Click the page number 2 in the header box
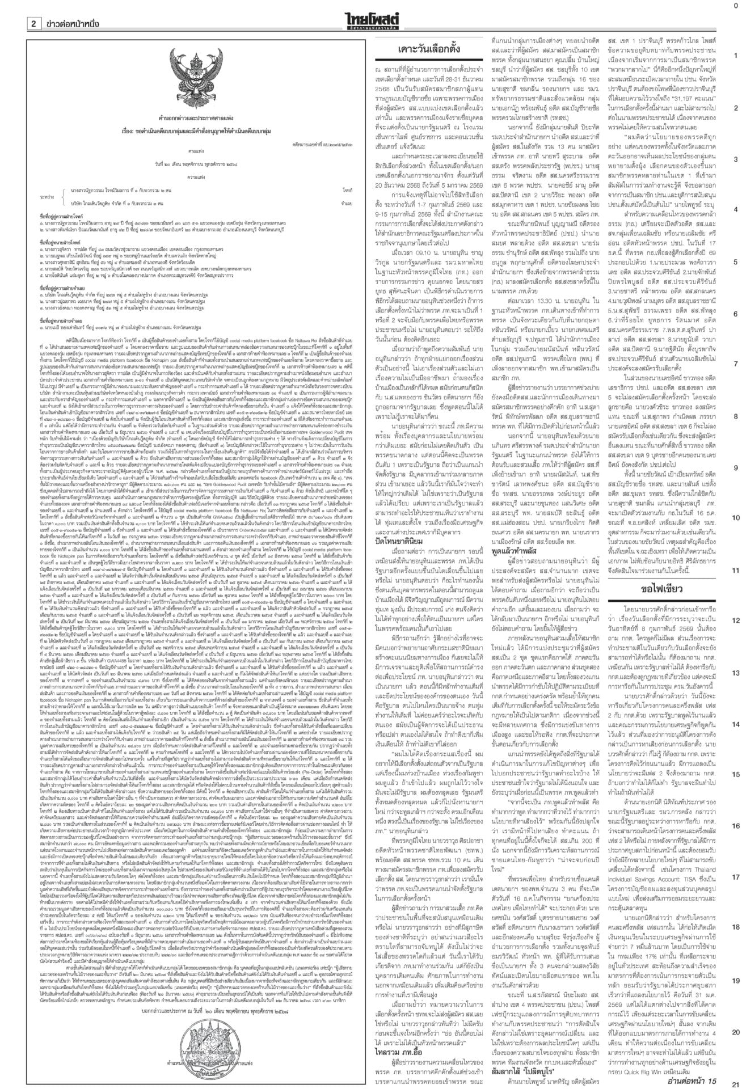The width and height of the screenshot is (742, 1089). coord(33,23)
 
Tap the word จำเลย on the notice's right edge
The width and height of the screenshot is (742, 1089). coord(347,202)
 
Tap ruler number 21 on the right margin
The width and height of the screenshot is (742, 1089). coord(735,1083)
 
